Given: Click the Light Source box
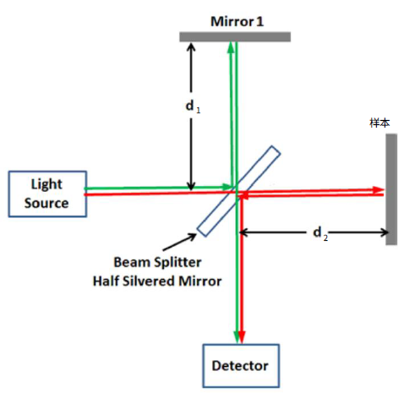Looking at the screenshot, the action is tap(47, 194).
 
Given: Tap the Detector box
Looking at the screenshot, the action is tap(241, 366).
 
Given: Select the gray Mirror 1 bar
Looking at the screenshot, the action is tap(235, 37).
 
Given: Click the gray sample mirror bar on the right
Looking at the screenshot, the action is tap(391, 189).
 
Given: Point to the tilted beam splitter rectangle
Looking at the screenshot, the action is tap(238, 191).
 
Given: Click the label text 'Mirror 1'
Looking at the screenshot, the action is tap(237, 21).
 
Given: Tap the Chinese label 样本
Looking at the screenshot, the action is tap(379, 123).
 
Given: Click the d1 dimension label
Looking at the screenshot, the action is tap(193, 106).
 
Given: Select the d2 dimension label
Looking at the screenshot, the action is tap(320, 233).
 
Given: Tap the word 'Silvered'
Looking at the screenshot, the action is tap(149, 281).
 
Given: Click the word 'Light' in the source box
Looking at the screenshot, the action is tap(46, 184).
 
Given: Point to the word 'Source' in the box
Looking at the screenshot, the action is tap(46, 203).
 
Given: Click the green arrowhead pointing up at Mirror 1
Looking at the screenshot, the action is tap(231, 47).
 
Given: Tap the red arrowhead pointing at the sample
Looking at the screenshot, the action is tap(378, 189).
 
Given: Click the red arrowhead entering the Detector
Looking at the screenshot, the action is tap(242, 337).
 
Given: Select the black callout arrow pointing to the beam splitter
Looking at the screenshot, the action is tap(179, 242).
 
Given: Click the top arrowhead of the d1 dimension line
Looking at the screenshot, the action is tap(191, 47).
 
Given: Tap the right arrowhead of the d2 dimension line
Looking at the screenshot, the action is tap(385, 232).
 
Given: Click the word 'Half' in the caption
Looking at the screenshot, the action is tap(106, 281).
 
